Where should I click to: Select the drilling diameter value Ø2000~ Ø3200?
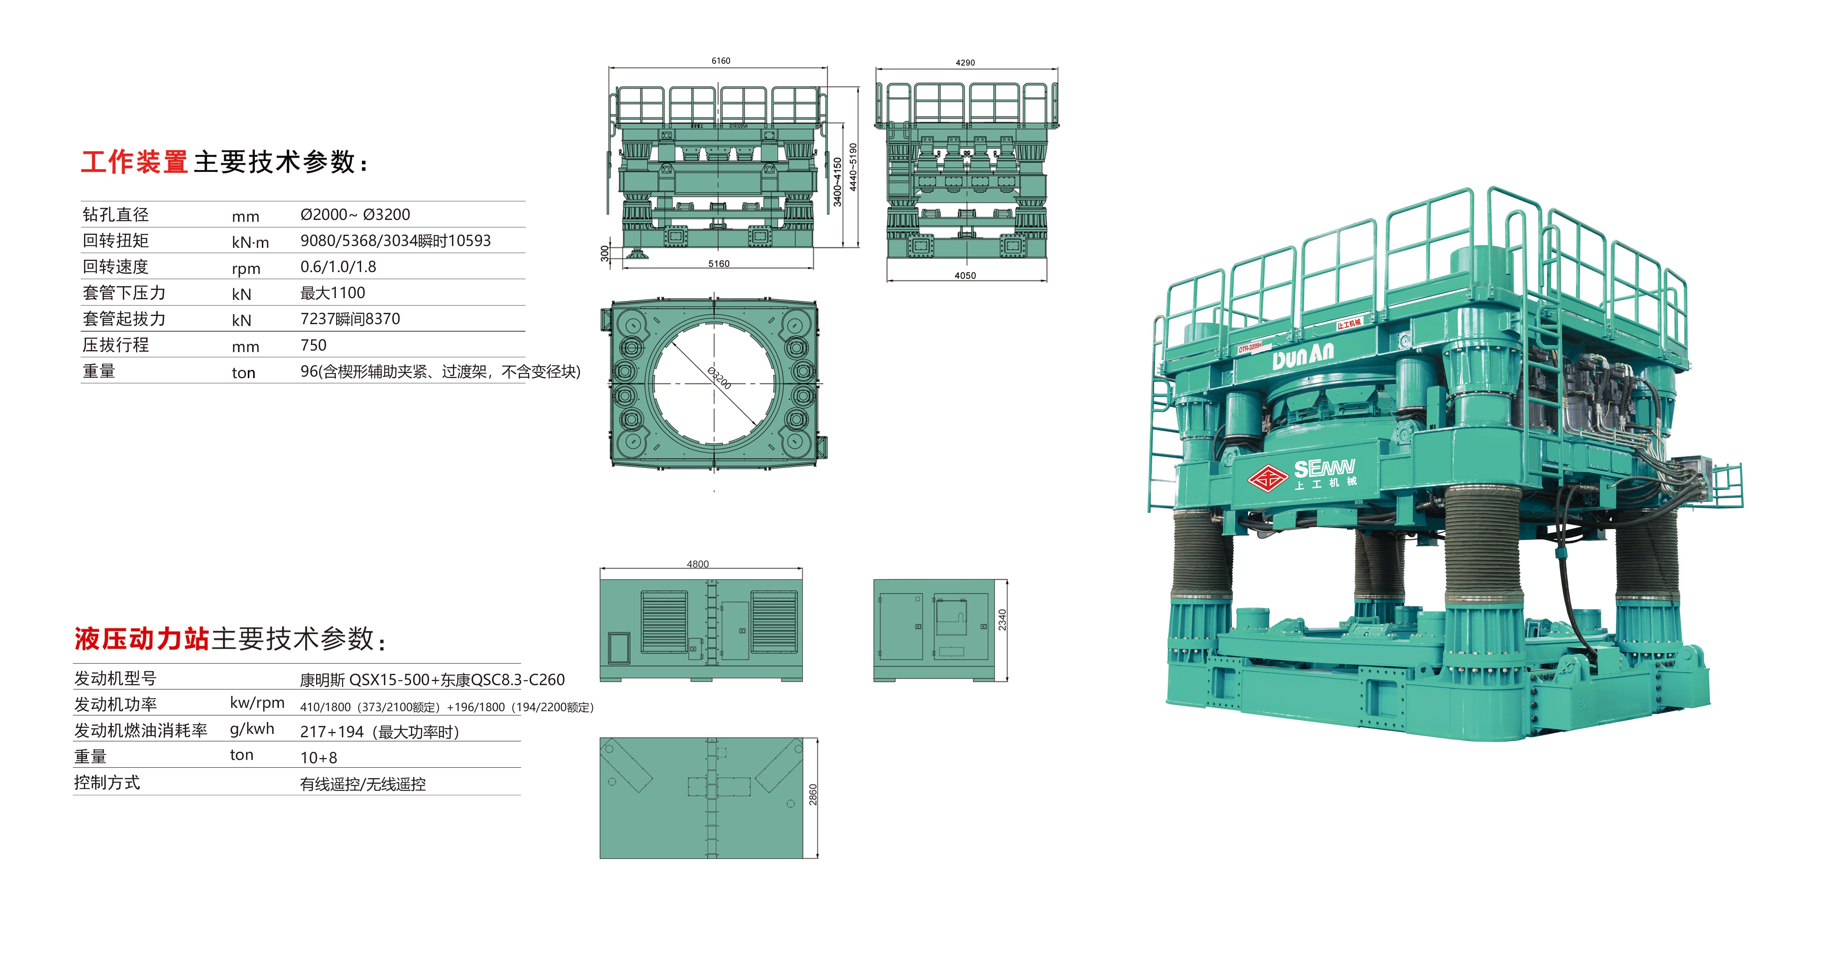355,214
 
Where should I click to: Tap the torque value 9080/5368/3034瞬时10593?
395,241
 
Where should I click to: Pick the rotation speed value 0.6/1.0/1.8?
338,266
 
